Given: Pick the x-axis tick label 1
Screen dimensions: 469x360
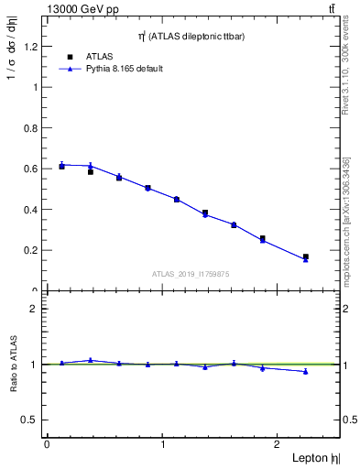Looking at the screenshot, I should (163, 444).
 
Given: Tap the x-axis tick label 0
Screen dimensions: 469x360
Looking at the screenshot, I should (47, 444).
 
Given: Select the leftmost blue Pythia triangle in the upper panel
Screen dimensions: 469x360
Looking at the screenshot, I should (61, 165).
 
